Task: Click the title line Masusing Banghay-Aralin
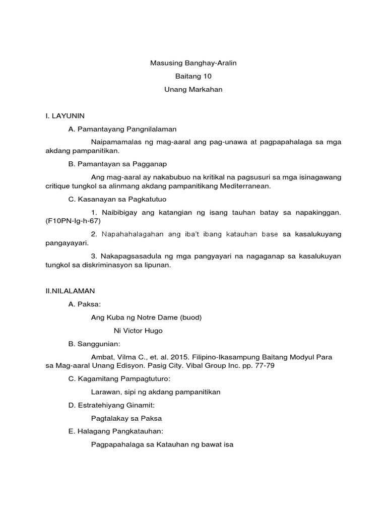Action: pos(193,63)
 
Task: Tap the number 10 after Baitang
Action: pos(207,76)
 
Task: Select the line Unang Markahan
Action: pos(193,89)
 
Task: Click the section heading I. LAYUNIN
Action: pos(65,115)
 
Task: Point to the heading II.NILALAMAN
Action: pos(70,291)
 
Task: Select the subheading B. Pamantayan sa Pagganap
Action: pos(118,164)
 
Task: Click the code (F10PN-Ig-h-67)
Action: pos(73,221)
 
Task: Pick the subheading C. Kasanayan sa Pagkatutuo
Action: pos(117,199)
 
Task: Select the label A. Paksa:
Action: pos(85,304)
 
